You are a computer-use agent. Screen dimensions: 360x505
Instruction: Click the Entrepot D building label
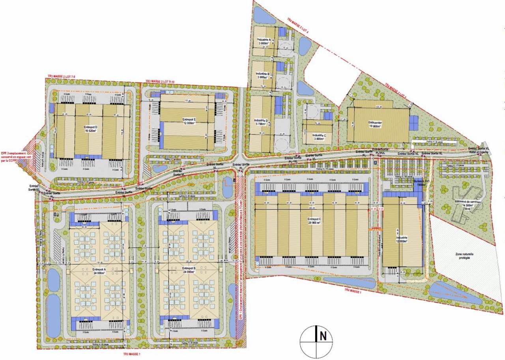point(91,129)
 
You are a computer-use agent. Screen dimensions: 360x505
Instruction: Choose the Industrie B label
point(263,75)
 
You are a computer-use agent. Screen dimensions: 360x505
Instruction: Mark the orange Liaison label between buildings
point(376,228)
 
